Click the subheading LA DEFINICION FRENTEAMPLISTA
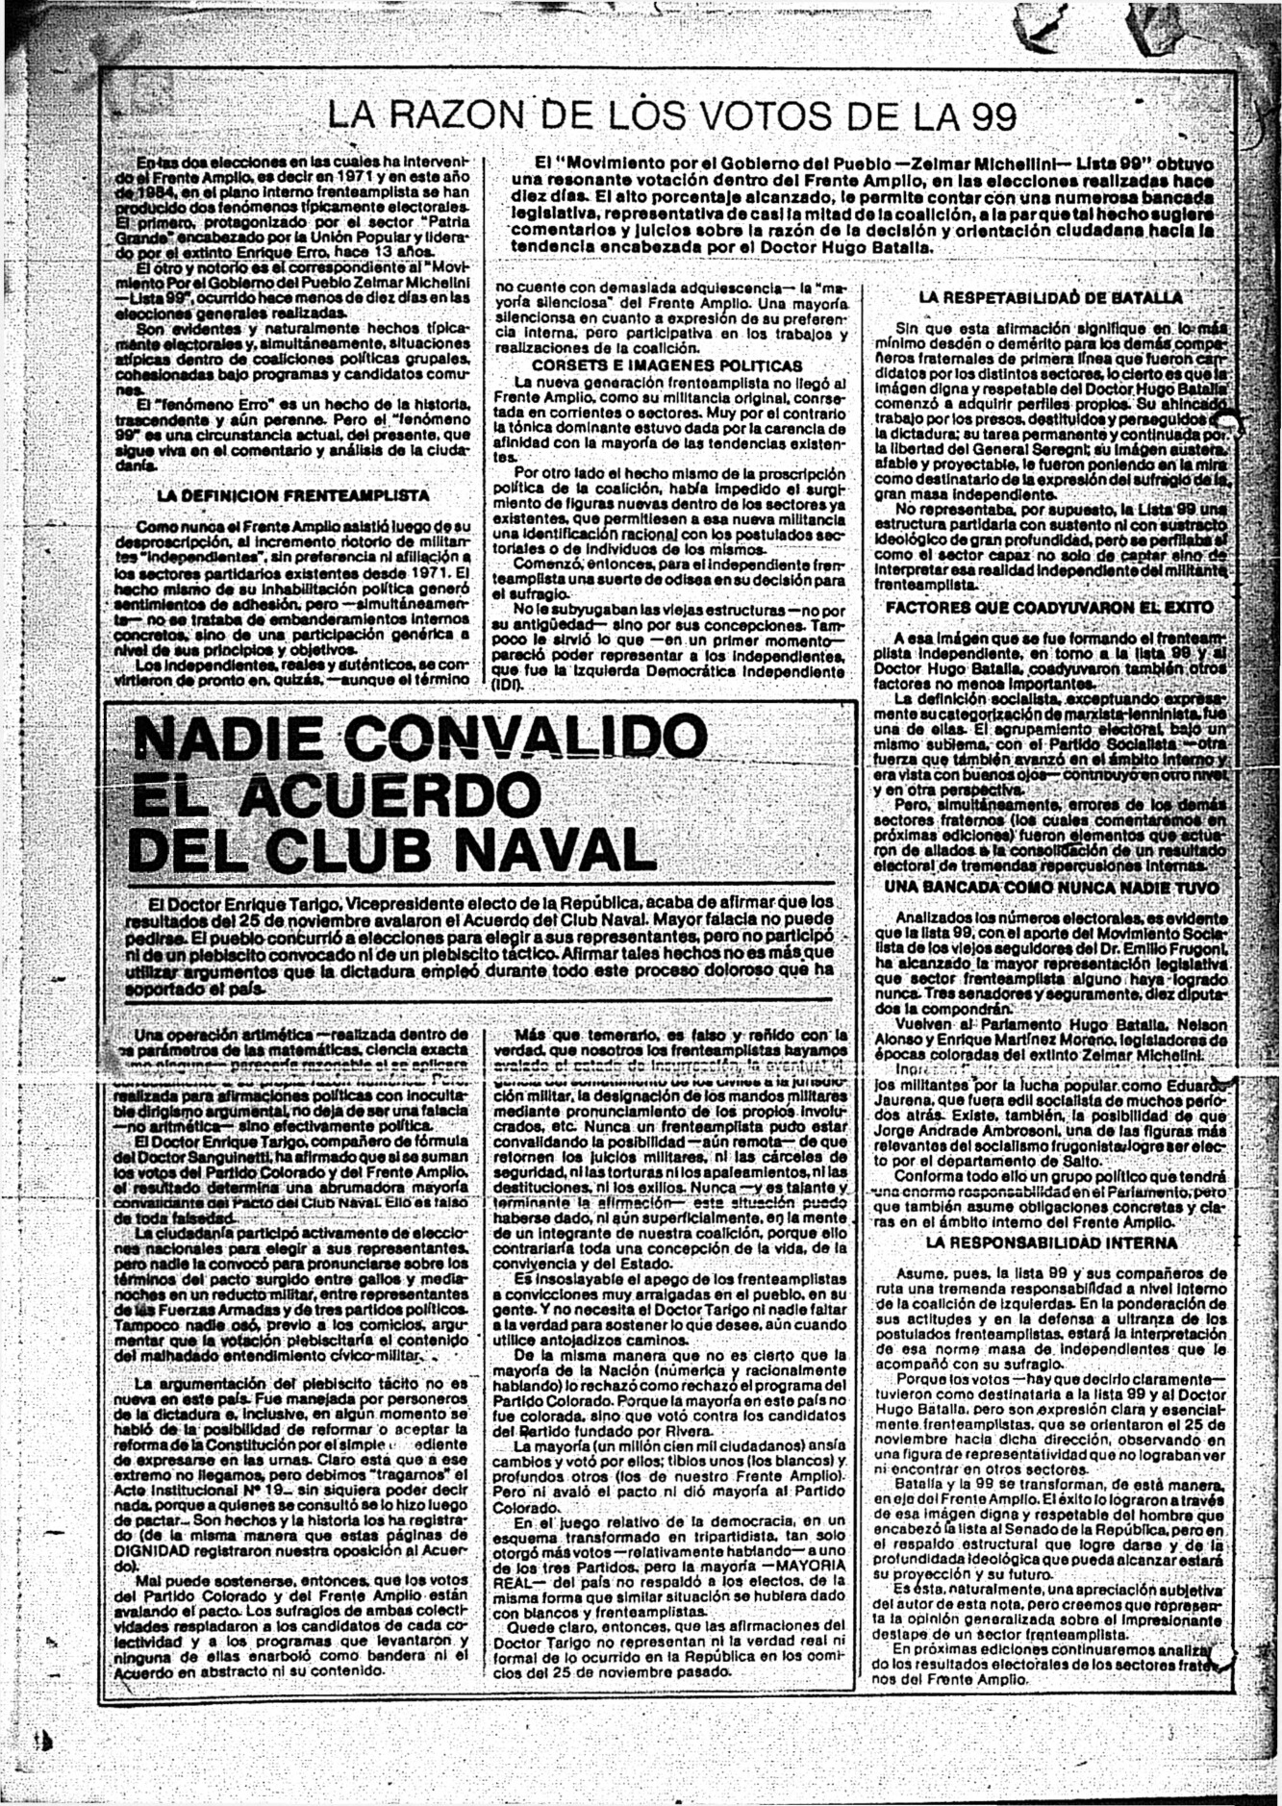tap(293, 496)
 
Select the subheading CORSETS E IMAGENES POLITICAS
tap(666, 365)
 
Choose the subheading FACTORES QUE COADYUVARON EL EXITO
tap(1049, 608)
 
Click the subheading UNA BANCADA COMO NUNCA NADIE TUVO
tap(1051, 888)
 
